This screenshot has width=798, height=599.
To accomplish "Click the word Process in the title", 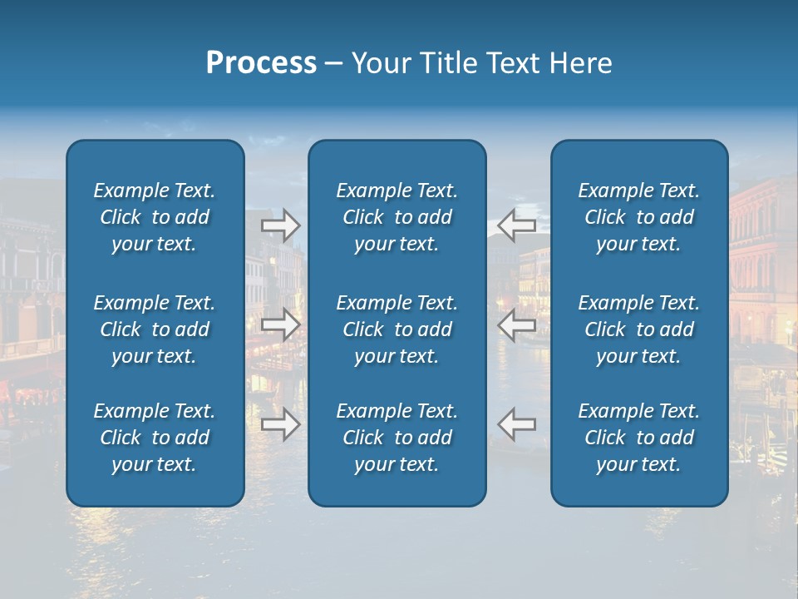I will click(x=261, y=63).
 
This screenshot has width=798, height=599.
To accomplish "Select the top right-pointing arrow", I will click(x=280, y=225).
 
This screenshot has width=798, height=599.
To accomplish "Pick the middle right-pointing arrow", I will click(x=280, y=324).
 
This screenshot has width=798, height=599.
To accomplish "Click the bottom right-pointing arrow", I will click(x=280, y=424).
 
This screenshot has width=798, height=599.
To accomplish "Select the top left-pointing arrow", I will click(x=516, y=225).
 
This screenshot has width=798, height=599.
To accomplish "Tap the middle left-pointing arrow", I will click(x=516, y=324).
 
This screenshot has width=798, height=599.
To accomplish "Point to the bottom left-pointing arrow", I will click(x=516, y=424).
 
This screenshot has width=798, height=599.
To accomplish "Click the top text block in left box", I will click(x=155, y=217).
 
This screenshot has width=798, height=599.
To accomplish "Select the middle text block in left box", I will click(x=155, y=329).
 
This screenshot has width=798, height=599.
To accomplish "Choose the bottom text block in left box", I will click(x=155, y=438).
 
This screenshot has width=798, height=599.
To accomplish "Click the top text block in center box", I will click(x=397, y=217).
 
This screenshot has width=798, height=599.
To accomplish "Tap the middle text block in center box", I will click(x=397, y=329).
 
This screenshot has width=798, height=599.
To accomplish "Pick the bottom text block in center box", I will click(x=397, y=438).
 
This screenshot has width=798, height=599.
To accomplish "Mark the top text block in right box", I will click(x=638, y=217).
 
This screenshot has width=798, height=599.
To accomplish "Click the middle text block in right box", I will click(x=638, y=329).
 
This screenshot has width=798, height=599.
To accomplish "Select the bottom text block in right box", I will click(x=638, y=438).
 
